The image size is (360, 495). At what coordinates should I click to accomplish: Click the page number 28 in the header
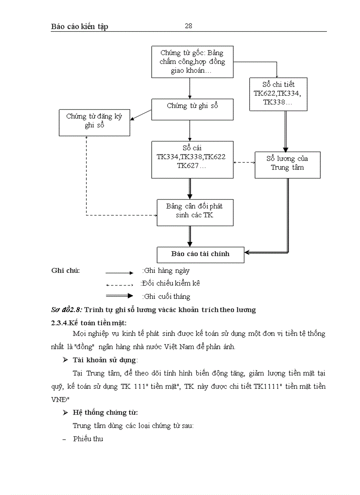click(188, 26)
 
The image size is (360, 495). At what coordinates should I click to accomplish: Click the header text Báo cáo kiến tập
click(79, 26)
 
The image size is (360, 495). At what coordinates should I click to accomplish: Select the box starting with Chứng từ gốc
click(192, 62)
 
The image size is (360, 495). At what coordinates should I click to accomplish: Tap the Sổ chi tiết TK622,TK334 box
click(278, 94)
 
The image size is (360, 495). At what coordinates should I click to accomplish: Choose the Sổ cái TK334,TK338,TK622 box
click(192, 160)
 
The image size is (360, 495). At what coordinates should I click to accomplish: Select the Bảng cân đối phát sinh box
click(195, 212)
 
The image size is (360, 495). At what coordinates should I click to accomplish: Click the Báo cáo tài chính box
click(200, 254)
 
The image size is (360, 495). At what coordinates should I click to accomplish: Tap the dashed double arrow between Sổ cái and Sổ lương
click(244, 163)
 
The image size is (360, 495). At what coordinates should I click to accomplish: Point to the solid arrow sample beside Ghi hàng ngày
click(119, 273)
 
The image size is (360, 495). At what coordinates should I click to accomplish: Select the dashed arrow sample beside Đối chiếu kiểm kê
click(119, 285)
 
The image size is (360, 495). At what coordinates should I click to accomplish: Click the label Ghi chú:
click(66, 271)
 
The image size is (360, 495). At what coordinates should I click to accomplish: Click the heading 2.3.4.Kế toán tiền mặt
click(89, 323)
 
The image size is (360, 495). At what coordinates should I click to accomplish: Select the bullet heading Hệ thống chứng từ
click(105, 413)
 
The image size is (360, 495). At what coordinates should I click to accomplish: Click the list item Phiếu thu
click(88, 439)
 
